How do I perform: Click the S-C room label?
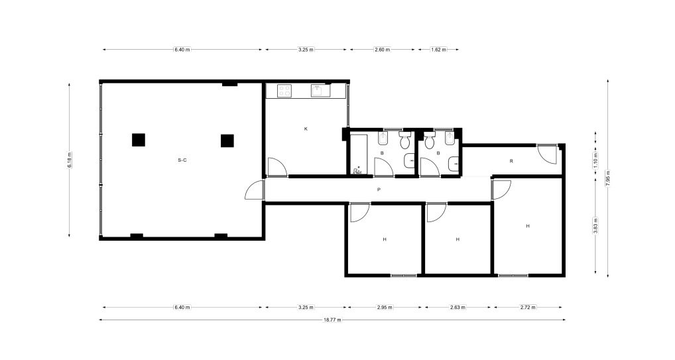tap(182, 160)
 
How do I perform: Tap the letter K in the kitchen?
tap(306, 129)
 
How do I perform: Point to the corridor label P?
tap(379, 190)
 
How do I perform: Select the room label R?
tap(511, 161)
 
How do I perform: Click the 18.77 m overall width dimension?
tap(332, 320)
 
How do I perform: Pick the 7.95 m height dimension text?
tap(608, 178)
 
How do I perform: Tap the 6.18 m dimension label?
tap(70, 160)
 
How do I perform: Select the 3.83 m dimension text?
tap(595, 225)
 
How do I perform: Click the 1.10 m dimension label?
tap(595, 160)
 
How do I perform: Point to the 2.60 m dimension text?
tap(382, 50)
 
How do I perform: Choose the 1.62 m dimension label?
tap(438, 50)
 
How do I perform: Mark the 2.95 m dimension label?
tap(385, 308)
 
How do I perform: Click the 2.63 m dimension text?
tap(458, 308)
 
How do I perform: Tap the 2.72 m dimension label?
tap(528, 308)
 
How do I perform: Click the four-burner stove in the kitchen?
tap(284, 90)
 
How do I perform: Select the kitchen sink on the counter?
tap(321, 90)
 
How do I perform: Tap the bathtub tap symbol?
tap(357, 170)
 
